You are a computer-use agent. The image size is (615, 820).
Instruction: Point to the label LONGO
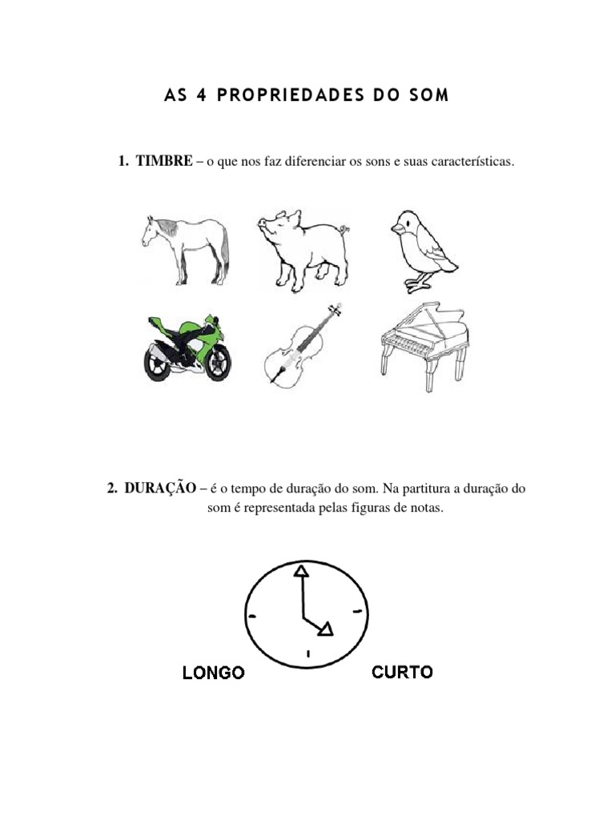(213, 673)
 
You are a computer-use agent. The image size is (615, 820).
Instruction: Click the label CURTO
(402, 672)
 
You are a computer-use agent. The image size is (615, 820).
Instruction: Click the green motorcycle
(185, 348)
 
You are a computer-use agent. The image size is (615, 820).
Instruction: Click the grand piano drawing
(421, 346)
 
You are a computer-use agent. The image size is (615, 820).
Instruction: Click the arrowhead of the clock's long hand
(301, 571)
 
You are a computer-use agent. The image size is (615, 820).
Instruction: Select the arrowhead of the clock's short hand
(325, 631)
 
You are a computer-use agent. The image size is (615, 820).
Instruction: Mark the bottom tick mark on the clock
(307, 654)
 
